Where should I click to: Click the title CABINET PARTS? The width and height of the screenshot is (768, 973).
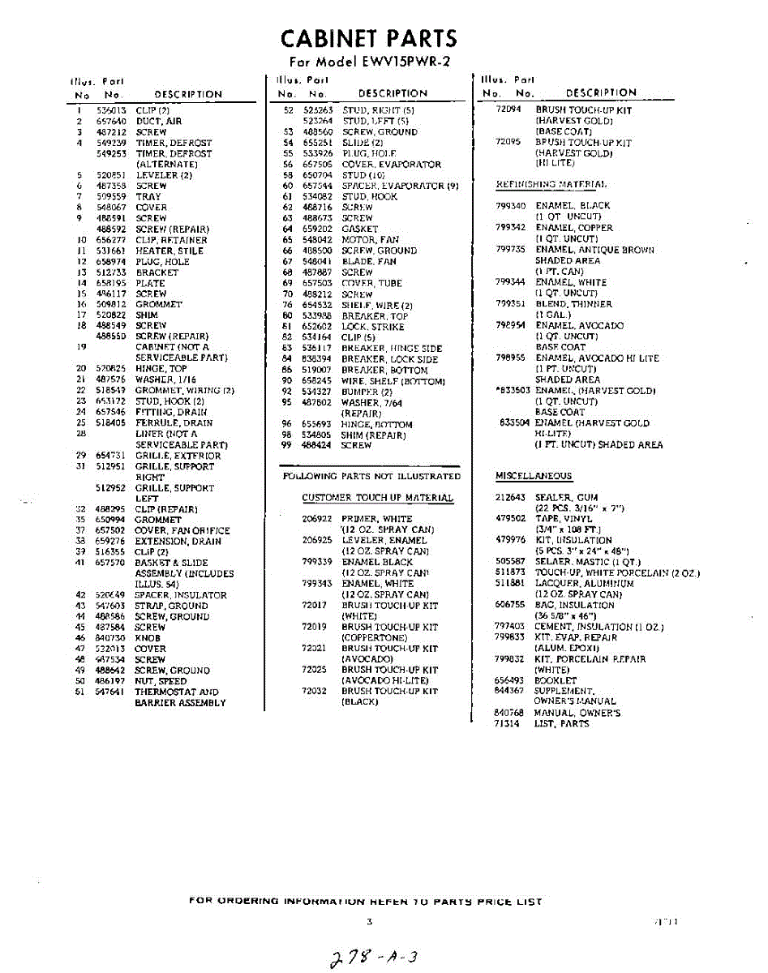pyautogui.click(x=368, y=38)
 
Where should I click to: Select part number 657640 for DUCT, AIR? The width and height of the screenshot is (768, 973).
pyautogui.click(x=109, y=121)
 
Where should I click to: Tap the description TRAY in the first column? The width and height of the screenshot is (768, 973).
pyautogui.click(x=148, y=197)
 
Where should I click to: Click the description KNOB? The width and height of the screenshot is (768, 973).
pyautogui.click(x=148, y=638)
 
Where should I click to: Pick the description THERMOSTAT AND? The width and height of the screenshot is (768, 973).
pyautogui.click(x=176, y=692)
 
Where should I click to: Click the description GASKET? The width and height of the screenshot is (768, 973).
pyautogui.click(x=359, y=229)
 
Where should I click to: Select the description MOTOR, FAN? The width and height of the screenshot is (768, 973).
pyautogui.click(x=370, y=240)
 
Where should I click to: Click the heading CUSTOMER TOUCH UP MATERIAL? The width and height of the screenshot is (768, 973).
pyautogui.click(x=377, y=498)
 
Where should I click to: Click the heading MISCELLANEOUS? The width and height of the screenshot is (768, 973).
pyautogui.click(x=533, y=476)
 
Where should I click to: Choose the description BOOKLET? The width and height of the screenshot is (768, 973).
pyautogui.click(x=555, y=680)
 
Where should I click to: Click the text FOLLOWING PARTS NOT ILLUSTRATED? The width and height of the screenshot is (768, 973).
pyautogui.click(x=371, y=476)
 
